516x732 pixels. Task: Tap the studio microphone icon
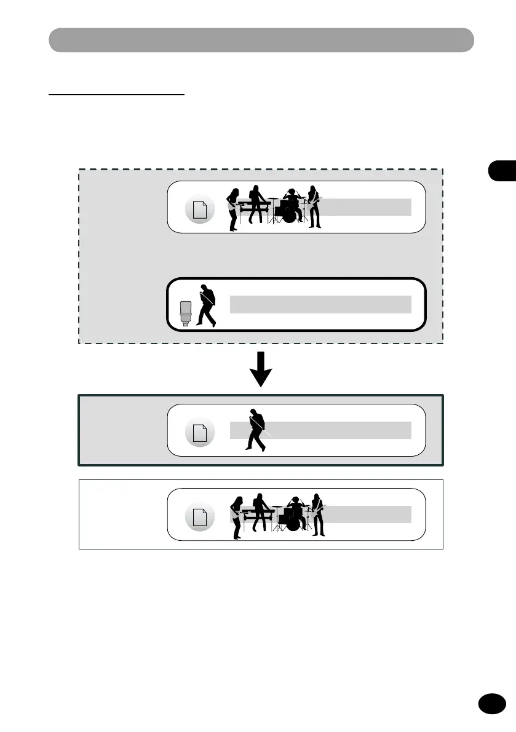tap(186, 313)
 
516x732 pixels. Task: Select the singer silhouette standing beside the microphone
tap(206, 305)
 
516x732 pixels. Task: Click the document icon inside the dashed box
tap(200, 211)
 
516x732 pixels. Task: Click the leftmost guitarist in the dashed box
tap(233, 209)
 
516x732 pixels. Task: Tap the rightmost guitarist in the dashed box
tap(314, 207)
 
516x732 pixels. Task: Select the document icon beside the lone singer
tap(200, 433)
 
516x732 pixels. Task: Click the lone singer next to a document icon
tap(255, 430)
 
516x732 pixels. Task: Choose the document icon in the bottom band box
tap(200, 518)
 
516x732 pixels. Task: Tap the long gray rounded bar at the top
tap(261, 40)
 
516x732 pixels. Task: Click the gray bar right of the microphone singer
tap(320, 304)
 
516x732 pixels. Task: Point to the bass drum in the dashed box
tap(289, 215)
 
